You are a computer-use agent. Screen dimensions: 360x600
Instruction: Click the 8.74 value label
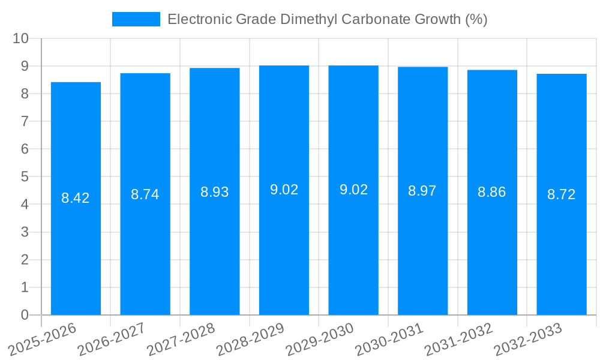145,194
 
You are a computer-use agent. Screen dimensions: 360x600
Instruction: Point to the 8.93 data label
215,192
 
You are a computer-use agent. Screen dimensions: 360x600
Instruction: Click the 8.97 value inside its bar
422,191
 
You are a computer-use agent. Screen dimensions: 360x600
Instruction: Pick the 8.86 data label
492,192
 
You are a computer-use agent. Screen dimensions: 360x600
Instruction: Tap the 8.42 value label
76,198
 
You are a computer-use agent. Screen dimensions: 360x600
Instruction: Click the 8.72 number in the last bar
562,194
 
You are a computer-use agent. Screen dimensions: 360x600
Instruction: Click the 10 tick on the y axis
21,38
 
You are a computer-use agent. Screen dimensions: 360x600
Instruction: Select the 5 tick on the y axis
25,177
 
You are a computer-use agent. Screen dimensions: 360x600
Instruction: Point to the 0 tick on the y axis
25,315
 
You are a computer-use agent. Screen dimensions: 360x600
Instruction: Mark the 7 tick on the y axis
25,121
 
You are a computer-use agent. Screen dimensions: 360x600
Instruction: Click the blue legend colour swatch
136,19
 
